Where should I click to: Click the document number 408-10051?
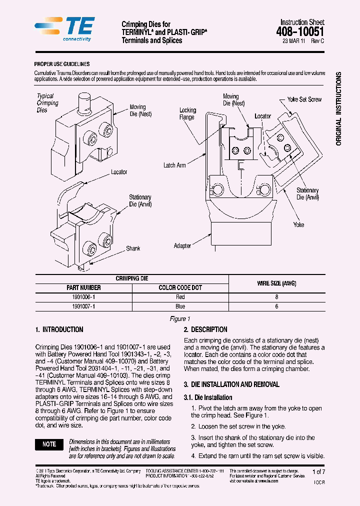[300, 32]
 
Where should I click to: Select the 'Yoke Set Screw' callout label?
[304, 99]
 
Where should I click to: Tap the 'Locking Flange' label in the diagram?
[187, 113]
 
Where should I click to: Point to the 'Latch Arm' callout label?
[174, 165]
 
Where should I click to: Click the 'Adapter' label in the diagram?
[182, 245]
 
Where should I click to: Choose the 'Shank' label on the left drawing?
[133, 248]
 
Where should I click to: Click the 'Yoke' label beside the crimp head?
[298, 224]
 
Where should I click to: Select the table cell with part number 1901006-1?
[83, 296]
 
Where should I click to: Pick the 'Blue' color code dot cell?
[180, 306]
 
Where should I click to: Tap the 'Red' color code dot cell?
[180, 296]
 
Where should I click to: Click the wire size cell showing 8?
[276, 296]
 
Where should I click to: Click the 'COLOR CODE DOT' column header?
[180, 287]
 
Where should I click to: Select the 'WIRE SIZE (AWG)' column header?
[276, 283]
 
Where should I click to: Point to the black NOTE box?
[49, 444]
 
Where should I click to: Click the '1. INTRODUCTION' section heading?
[59, 329]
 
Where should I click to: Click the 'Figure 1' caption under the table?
[180, 318]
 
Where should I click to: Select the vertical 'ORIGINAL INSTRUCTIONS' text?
[338, 109]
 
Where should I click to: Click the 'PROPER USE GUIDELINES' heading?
[62, 64]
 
